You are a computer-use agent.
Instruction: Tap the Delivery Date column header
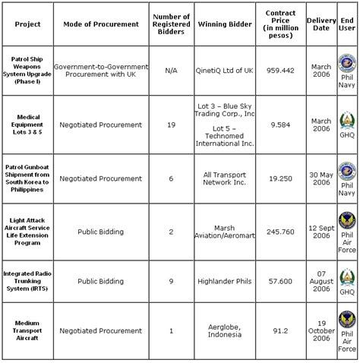pos(321,24)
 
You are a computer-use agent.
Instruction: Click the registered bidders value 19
pos(170,124)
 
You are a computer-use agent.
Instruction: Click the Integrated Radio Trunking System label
pos(27,279)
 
